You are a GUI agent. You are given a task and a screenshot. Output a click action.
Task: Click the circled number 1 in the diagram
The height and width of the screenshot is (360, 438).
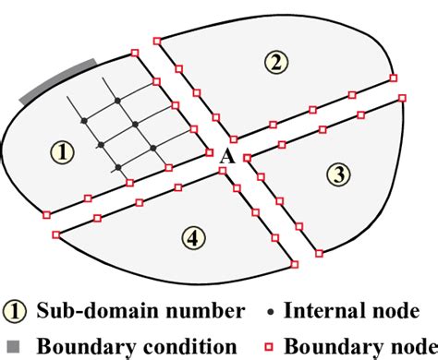[61, 152]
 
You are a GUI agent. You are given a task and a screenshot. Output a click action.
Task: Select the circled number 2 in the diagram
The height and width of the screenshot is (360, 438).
[274, 63]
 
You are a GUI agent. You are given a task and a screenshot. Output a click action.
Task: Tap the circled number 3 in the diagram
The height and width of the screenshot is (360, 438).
[339, 174]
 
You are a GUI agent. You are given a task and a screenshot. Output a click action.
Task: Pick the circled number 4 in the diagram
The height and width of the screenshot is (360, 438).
[190, 238]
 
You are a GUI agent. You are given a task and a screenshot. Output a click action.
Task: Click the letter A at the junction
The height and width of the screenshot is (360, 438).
[225, 158]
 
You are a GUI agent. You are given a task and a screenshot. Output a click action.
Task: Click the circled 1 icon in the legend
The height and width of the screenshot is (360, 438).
[15, 311]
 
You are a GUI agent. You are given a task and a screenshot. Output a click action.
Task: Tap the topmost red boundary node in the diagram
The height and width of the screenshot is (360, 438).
[157, 40]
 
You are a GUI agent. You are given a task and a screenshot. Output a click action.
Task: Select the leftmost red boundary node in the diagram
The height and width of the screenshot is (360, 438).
[46, 214]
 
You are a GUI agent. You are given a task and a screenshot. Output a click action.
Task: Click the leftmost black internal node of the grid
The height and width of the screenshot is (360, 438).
[83, 121]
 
